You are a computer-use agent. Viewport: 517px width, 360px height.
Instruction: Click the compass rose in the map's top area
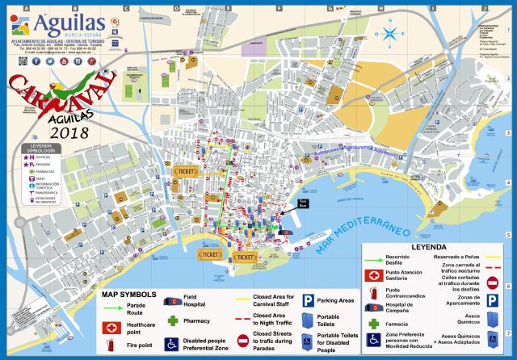click(391, 33)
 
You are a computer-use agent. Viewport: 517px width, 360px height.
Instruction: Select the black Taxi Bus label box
click(303, 203)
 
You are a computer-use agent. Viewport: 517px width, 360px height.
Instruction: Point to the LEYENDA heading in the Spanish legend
click(430, 248)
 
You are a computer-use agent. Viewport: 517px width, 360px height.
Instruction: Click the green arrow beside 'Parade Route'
click(111, 306)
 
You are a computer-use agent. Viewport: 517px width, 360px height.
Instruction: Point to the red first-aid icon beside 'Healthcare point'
click(111, 327)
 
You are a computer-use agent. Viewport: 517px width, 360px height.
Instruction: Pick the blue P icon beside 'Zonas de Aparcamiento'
click(494, 300)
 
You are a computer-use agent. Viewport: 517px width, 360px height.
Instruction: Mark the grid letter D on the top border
click(176, 8)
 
